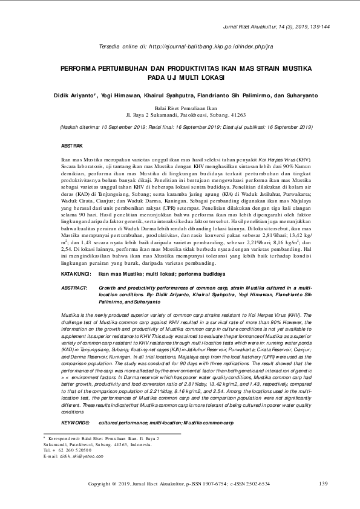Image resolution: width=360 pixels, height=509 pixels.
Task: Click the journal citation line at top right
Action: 276,28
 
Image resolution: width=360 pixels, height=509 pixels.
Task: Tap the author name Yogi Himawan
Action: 116,96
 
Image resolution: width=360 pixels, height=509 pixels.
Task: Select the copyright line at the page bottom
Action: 179,484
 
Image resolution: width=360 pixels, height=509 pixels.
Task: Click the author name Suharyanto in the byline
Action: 299,96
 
